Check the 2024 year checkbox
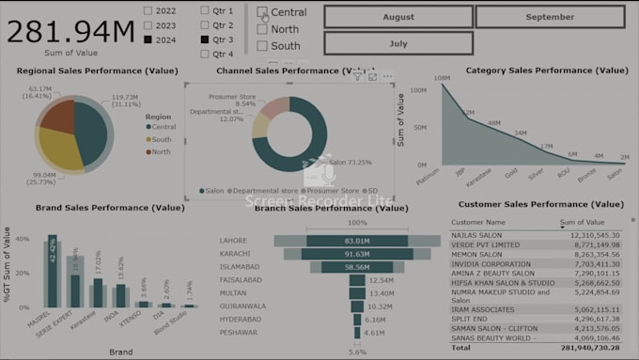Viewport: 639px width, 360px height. pyautogui.click(x=148, y=39)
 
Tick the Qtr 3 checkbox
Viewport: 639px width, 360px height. pyautogui.click(x=205, y=39)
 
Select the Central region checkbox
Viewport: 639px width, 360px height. pyautogui.click(x=262, y=12)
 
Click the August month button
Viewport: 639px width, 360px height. pyautogui.click(x=398, y=17)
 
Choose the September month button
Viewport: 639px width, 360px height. pyautogui.click(x=550, y=17)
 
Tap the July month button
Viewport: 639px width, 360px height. pyautogui.click(x=398, y=43)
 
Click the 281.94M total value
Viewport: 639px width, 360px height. pyautogui.click(x=71, y=31)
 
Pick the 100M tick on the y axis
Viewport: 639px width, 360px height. pyautogui.click(x=420, y=90)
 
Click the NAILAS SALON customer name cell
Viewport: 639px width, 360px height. pyautogui.click(x=479, y=234)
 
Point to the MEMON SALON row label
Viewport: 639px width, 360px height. pyautogui.click(x=478, y=255)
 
